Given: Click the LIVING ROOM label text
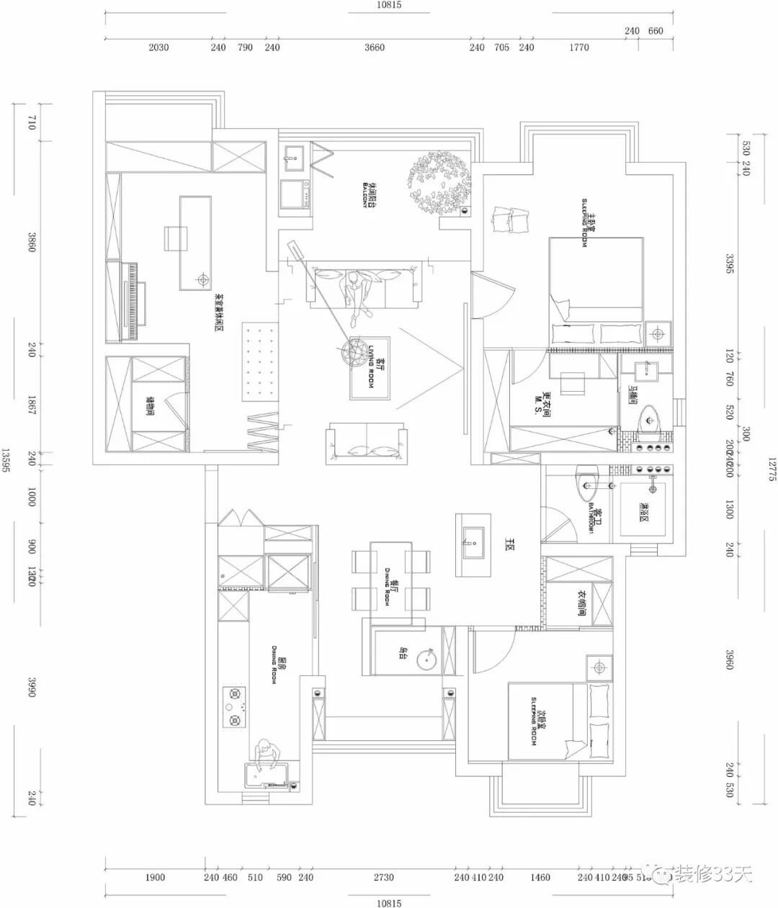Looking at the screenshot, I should [x=372, y=367].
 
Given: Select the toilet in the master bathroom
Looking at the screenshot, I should [x=651, y=418].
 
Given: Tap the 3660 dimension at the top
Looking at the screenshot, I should [x=375, y=48].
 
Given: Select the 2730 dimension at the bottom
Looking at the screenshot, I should [x=384, y=877].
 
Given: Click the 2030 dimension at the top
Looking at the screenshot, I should [x=158, y=48].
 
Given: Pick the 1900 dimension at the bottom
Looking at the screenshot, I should [x=155, y=877].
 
